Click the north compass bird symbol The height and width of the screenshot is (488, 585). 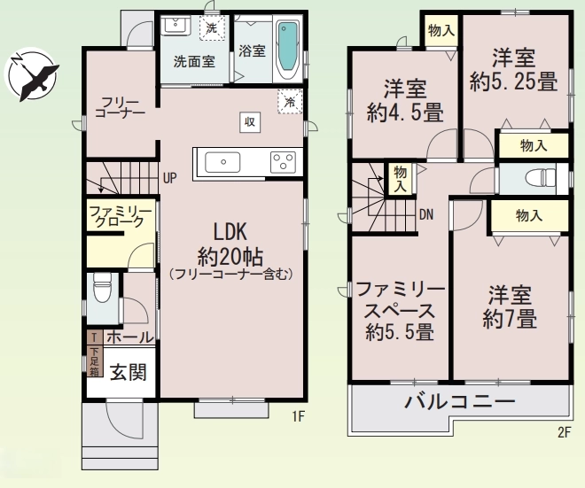(x=31, y=74)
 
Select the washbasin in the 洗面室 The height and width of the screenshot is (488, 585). (x=175, y=26)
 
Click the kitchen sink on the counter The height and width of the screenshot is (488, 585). (x=222, y=162)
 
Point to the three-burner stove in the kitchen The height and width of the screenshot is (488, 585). (x=283, y=162)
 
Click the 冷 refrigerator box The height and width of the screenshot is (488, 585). (x=290, y=101)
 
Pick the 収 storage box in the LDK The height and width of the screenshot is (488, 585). (x=250, y=122)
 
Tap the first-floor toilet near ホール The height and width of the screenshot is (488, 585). (x=101, y=288)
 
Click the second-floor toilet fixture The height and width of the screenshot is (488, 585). (x=540, y=179)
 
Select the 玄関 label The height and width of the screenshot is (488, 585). (x=128, y=372)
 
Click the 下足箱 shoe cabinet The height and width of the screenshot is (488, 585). (x=95, y=360)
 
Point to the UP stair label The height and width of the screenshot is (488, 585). (x=170, y=178)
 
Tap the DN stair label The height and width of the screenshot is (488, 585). (x=426, y=214)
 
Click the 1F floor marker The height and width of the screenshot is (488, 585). (x=299, y=416)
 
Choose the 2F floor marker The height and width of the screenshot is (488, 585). (x=565, y=432)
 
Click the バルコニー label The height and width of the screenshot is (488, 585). (x=460, y=401)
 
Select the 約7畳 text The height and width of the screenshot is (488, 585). (x=510, y=319)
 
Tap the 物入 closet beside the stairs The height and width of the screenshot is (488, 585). (x=400, y=179)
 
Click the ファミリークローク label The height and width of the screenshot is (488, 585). (x=121, y=216)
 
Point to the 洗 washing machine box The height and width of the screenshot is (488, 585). (x=212, y=28)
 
